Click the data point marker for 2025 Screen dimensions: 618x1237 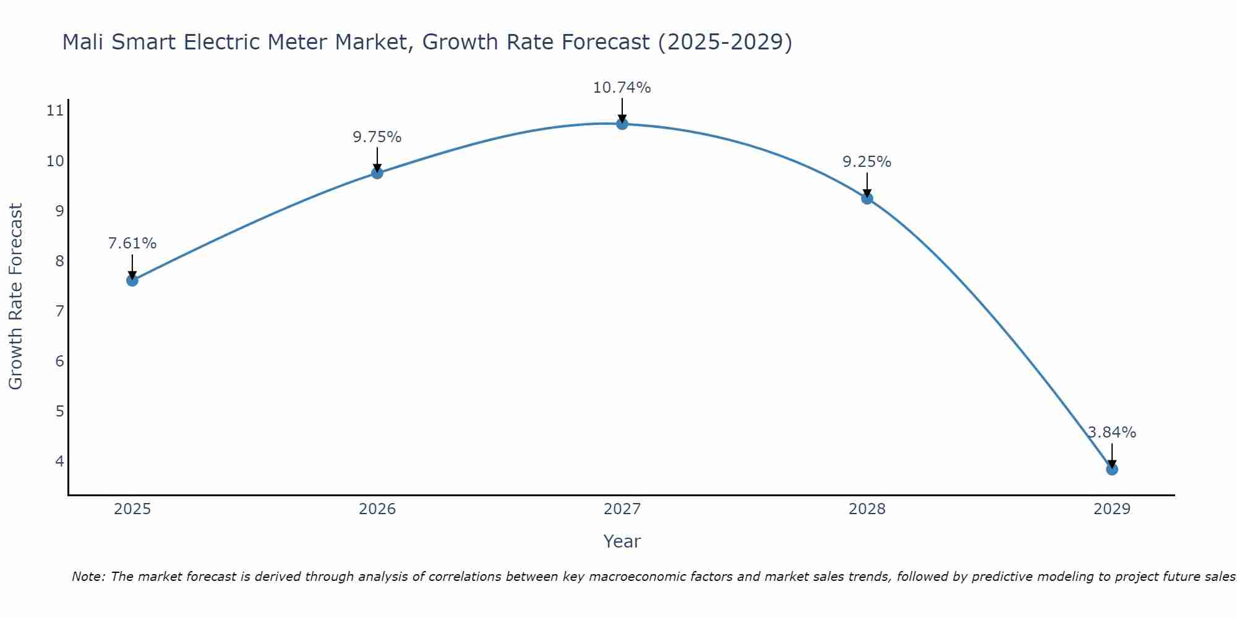pyautogui.click(x=132, y=280)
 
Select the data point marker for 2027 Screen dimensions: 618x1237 pyautogui.click(x=622, y=124)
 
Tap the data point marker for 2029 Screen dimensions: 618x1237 pyautogui.click(x=1112, y=469)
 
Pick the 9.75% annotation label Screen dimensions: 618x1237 pyautogui.click(x=377, y=137)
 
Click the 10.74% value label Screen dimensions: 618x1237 pyautogui.click(x=622, y=88)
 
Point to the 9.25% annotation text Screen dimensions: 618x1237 pyautogui.click(x=867, y=162)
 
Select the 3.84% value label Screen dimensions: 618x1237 pyautogui.click(x=1112, y=433)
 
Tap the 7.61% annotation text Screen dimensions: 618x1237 pyautogui.click(x=132, y=243)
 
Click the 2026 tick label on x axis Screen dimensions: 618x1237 pyautogui.click(x=377, y=509)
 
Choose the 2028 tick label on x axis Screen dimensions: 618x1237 pyautogui.click(x=867, y=509)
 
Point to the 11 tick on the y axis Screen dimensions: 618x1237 pyautogui.click(x=55, y=111)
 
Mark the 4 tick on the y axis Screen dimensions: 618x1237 pyautogui.click(x=59, y=461)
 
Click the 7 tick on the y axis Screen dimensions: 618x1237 pyautogui.click(x=59, y=311)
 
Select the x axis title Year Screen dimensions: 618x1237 pyautogui.click(x=622, y=541)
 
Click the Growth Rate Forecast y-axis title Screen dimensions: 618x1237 pyautogui.click(x=15, y=297)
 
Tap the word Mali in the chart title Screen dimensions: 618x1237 pyautogui.click(x=83, y=42)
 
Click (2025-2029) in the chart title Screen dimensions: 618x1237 pyautogui.click(x=725, y=42)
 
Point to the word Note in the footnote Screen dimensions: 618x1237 pyautogui.click(x=88, y=577)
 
